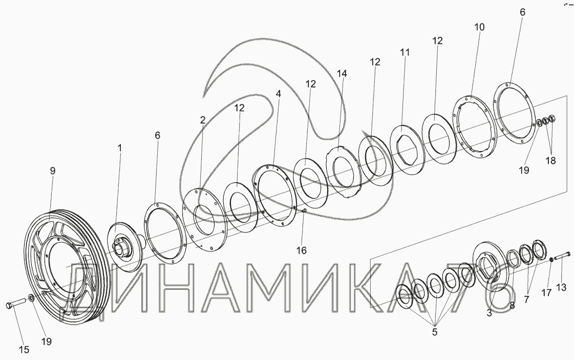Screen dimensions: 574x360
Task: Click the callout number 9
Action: [52, 171]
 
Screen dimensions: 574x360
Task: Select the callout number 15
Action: [24, 350]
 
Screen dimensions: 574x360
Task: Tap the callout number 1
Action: [119, 148]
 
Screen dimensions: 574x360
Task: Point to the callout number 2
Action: [203, 119]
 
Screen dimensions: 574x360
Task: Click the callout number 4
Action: [279, 94]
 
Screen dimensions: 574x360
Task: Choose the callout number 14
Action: [342, 74]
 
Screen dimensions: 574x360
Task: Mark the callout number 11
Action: [405, 52]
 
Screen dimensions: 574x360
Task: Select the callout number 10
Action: [479, 27]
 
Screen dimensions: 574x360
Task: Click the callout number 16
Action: [301, 250]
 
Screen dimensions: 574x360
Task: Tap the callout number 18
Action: [550, 160]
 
